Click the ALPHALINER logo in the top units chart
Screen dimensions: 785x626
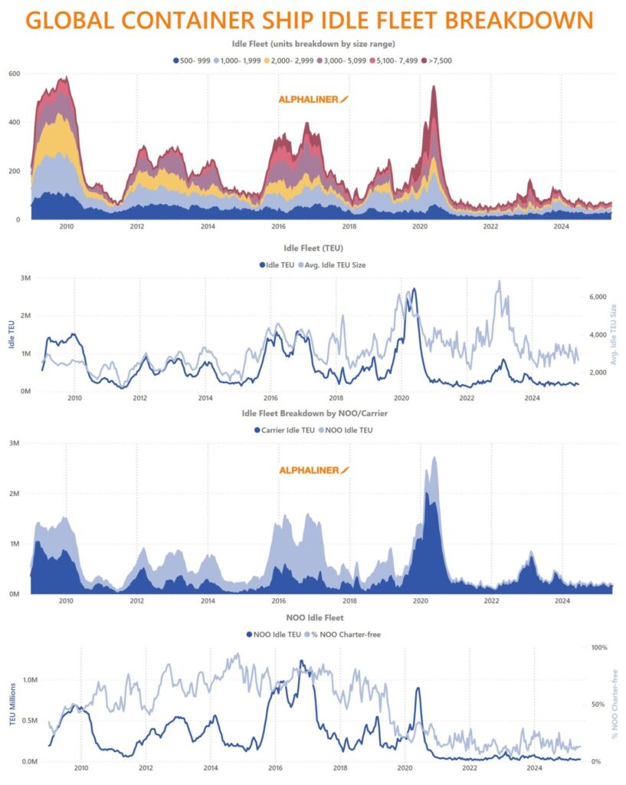(x=313, y=100)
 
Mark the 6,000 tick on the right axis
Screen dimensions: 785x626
(x=575, y=297)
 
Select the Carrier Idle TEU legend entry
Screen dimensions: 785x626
(x=284, y=430)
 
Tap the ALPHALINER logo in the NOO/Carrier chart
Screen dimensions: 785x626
(x=313, y=469)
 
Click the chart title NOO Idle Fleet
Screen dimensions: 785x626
(x=313, y=617)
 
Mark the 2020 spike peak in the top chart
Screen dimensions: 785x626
(x=434, y=87)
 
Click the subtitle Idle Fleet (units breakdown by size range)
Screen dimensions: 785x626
(x=313, y=44)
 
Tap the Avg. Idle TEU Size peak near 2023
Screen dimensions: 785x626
(x=500, y=281)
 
